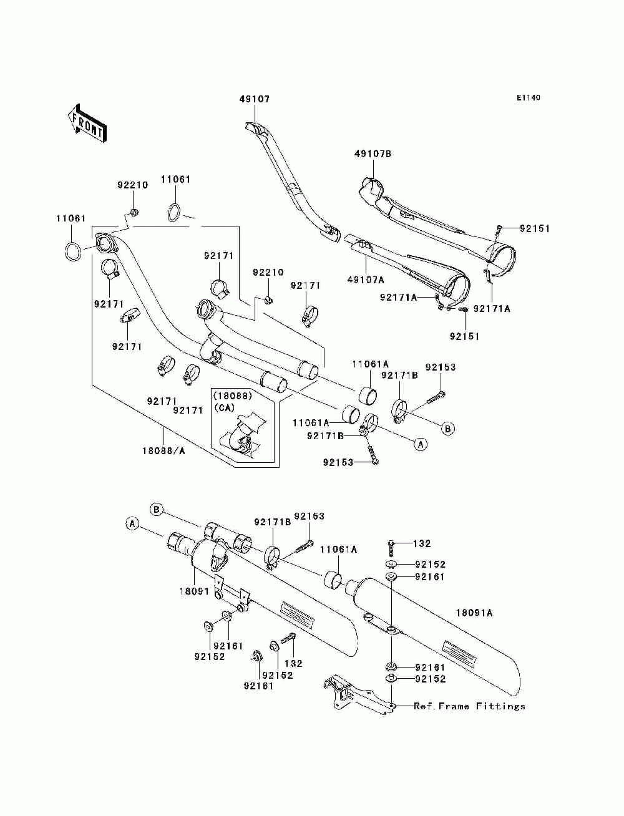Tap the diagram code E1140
528,98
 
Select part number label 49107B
373,153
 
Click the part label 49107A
366,279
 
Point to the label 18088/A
163,451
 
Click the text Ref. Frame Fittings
469,706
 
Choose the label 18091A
474,613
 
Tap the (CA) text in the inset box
224,408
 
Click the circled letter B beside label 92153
448,429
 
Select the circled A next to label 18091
132,524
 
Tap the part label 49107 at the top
255,99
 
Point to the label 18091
194,591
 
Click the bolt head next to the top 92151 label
499,227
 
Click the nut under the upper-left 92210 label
133,212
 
